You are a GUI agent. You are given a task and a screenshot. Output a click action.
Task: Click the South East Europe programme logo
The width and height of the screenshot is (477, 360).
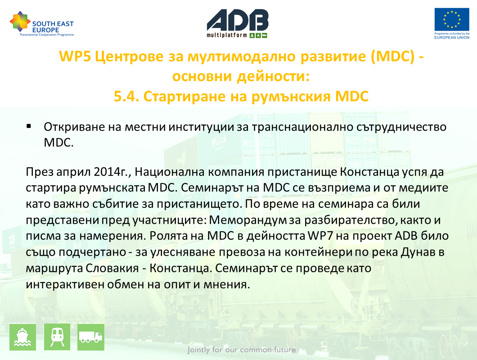pyautogui.click(x=42, y=24)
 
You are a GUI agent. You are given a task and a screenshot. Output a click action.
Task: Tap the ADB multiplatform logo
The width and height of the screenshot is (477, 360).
pyautogui.click(x=237, y=23)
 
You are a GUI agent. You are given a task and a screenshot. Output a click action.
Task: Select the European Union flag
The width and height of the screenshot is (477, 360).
pyautogui.click(x=452, y=19)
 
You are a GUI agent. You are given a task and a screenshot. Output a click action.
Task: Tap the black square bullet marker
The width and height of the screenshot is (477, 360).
pyautogui.click(x=29, y=126)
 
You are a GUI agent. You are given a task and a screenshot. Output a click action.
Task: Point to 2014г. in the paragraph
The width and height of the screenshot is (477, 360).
pyautogui.click(x=112, y=172)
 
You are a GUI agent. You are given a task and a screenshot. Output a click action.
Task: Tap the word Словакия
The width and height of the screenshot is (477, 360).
pyautogui.click(x=112, y=268)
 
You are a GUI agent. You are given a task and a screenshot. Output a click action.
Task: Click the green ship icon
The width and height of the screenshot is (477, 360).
pyautogui.click(x=23, y=337)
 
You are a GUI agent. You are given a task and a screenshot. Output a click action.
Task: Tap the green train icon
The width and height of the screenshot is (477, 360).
pyautogui.click(x=57, y=337)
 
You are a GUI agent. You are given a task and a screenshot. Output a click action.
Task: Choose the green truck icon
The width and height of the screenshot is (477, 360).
pyautogui.click(x=90, y=337)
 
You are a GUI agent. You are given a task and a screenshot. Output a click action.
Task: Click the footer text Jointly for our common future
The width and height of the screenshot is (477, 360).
pyautogui.click(x=242, y=350)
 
